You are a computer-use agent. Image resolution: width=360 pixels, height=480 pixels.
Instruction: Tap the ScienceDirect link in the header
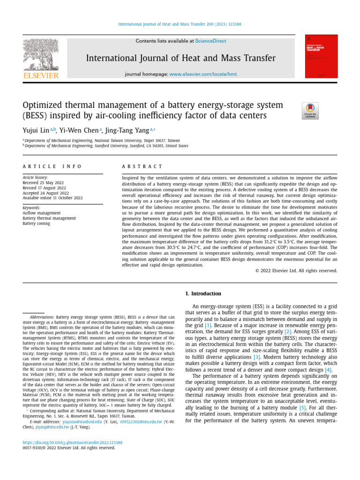click(x=210, y=41)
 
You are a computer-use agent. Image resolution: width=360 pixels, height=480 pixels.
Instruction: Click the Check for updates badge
click(x=311, y=110)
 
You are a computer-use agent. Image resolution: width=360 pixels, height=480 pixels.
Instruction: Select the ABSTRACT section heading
click(x=142, y=166)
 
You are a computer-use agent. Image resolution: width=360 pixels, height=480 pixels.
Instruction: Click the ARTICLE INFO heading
click(x=52, y=166)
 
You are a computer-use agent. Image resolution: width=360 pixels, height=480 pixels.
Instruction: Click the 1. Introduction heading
click(x=203, y=294)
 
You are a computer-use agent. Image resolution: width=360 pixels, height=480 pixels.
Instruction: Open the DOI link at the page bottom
click(x=73, y=442)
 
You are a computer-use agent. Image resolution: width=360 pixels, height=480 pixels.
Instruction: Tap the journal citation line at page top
click(x=180, y=24)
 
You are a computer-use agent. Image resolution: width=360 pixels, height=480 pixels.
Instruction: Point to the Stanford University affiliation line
click(x=107, y=146)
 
